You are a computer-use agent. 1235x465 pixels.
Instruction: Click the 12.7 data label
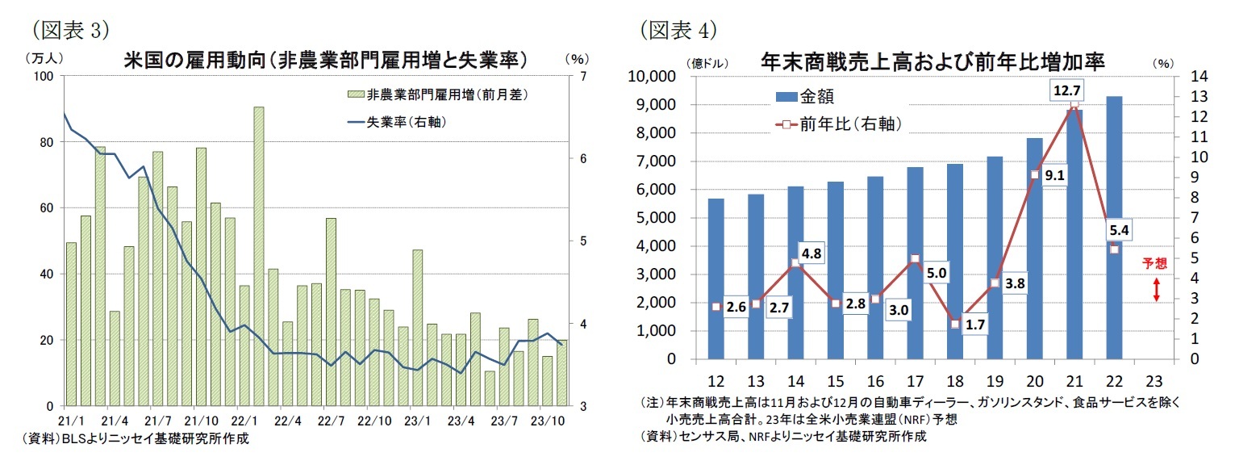pos(1067,90)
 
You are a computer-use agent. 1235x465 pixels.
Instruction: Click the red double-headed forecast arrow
pos(1155,290)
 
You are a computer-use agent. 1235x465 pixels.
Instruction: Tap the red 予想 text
pos(1155,262)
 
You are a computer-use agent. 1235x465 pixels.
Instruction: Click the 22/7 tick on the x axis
pos(328,421)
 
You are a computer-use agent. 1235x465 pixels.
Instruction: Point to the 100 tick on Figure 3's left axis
pos(42,77)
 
